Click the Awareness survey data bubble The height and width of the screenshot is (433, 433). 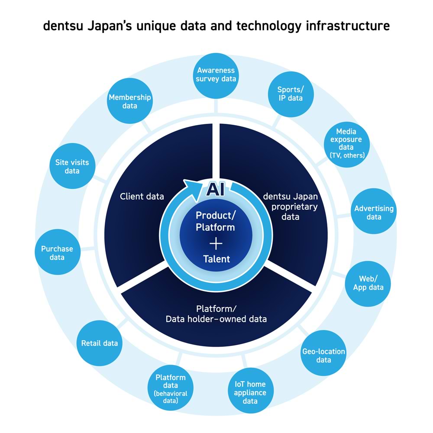tap(216, 74)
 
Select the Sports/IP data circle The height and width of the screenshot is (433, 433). tap(290, 94)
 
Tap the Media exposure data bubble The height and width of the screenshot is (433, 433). tap(346, 143)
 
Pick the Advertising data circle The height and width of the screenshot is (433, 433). tap(373, 212)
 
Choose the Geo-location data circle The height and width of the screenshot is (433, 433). tap(323, 355)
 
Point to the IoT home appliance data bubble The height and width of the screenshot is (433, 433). tap(250, 392)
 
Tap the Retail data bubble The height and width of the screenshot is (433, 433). tap(99, 343)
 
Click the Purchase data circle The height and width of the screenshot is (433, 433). tap(57, 253)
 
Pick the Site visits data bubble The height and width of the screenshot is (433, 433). tap(72, 166)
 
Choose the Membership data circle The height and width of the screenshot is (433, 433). tap(129, 101)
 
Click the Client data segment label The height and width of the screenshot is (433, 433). tap(142, 197)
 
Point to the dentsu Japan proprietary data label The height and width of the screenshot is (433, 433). tap(290, 206)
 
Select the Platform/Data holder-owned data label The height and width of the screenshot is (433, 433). tap(216, 314)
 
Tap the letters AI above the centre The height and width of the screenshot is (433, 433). tap(215, 189)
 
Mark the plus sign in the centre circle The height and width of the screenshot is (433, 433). tap(216, 243)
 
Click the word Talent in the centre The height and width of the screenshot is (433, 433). tap(216, 259)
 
